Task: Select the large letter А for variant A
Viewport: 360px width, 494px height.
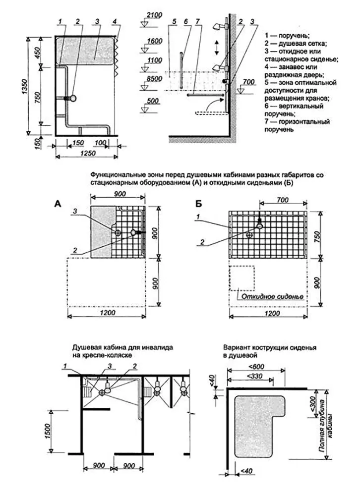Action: point(57,203)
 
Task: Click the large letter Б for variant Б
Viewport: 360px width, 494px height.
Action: point(199,203)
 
